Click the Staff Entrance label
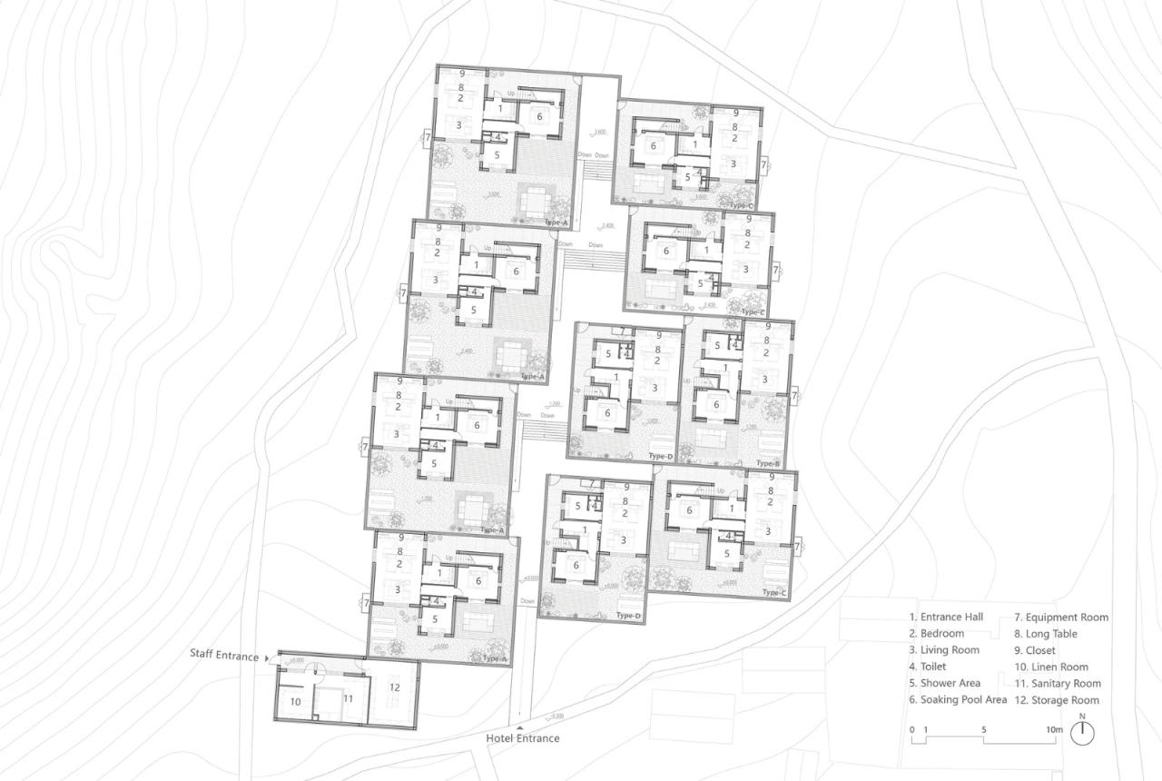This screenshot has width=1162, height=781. tap(224, 654)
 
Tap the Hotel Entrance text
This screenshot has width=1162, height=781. tap(522, 738)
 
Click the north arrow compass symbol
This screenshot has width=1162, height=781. tap(1081, 734)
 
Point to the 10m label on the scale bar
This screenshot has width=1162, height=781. tap(1053, 729)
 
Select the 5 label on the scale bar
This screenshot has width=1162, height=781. tap(984, 729)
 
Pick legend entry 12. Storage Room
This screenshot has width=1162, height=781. tap(1056, 699)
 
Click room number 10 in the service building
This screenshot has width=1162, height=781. tap(295, 702)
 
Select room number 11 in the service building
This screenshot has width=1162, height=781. tap(348, 698)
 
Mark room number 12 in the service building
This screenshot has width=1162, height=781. tap(394, 687)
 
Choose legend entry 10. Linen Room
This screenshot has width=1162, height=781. tap(1050, 667)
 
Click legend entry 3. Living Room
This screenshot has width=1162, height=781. tap(944, 650)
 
